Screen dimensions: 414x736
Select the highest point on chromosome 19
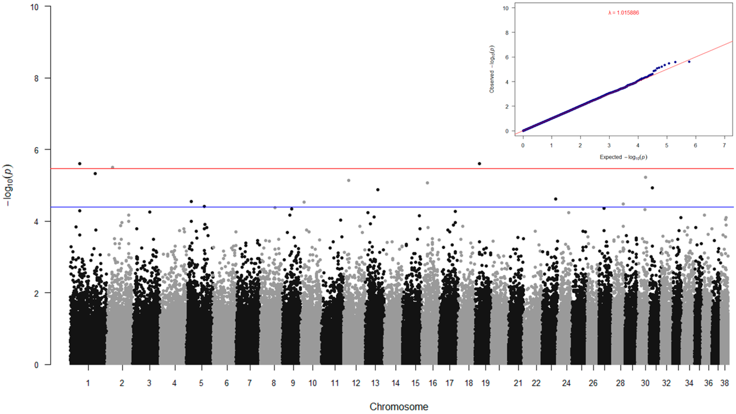[x=479, y=164]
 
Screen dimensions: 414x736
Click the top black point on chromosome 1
[x=80, y=164]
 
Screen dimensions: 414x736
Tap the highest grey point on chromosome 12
[x=348, y=180]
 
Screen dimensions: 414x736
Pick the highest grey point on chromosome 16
[x=428, y=183]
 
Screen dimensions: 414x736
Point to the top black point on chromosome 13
[x=378, y=190]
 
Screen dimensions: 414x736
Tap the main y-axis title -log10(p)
[x=9, y=185]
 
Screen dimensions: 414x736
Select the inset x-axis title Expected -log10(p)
[x=623, y=157]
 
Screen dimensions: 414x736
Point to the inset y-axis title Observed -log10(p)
[x=492, y=69]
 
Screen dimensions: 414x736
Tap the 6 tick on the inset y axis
[x=507, y=57]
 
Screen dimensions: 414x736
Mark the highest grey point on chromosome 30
[x=645, y=177]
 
